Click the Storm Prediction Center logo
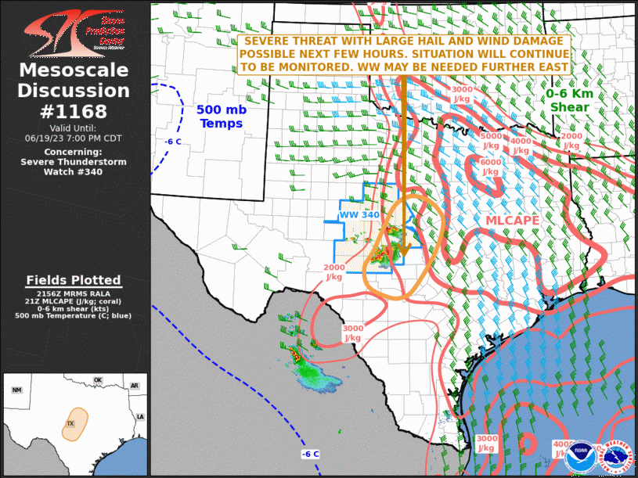point(74,32)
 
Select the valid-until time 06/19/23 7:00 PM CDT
point(74,138)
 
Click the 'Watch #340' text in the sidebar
point(74,172)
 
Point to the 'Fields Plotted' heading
point(74,280)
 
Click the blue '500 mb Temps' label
point(222,117)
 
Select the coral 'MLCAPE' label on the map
point(513,221)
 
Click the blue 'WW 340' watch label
point(359,215)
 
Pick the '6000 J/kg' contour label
point(491,166)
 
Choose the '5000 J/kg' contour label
point(491,141)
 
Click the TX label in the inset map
point(70,424)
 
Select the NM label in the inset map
point(17,390)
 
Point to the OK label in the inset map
point(98,380)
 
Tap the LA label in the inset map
point(140,416)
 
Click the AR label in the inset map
point(134,386)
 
